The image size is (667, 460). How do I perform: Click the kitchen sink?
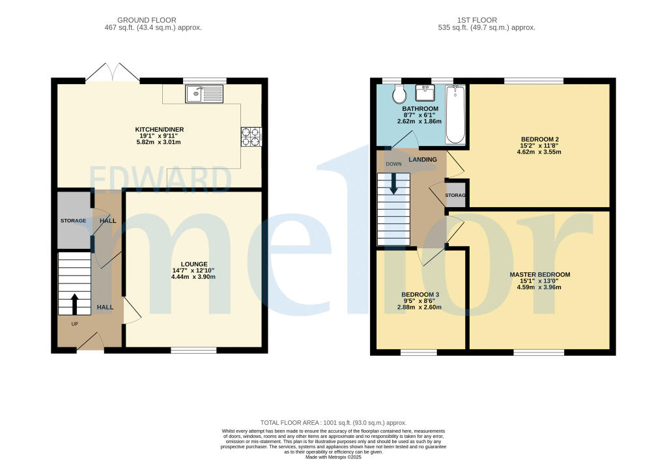205,94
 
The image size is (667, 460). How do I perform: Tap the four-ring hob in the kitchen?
251,136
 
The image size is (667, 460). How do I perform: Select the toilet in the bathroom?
399,95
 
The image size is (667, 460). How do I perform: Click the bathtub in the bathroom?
455,114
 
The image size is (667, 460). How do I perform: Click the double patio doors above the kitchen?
112,72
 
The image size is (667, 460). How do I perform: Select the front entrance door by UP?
91,341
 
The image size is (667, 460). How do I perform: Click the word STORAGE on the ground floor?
73,221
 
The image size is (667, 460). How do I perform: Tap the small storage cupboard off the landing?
456,195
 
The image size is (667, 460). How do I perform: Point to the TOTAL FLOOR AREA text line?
333,423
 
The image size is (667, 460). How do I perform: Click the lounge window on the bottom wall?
193,351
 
